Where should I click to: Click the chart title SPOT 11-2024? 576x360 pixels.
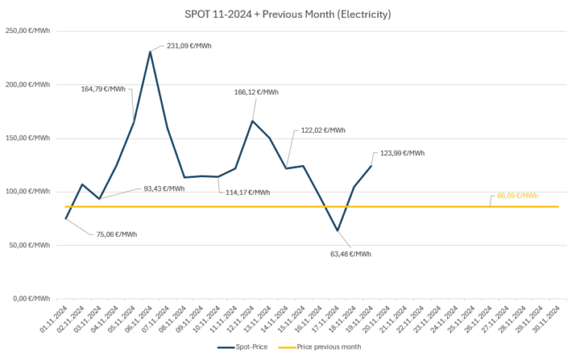pos(287,14)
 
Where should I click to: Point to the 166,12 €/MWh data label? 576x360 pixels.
pos(256,92)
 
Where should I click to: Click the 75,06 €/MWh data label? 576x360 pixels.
pos(116,234)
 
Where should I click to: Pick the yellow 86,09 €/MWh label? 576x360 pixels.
pos(517,196)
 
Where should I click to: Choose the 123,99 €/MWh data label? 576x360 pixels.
pos(402,153)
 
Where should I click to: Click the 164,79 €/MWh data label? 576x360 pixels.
pos(103,88)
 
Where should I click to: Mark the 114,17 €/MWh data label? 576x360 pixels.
pos(247,192)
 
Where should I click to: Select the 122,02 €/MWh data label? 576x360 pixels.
pos(323,130)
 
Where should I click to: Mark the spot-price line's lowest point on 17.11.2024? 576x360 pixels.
pos(337,230)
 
